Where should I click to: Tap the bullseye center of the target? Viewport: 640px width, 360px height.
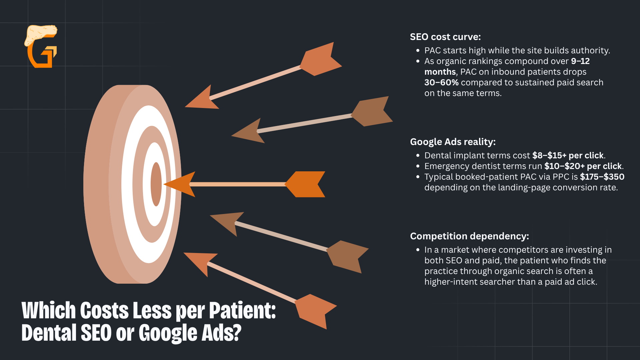pos(156,184)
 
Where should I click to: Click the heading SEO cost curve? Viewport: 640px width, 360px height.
pos(445,37)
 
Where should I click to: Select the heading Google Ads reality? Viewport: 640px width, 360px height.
pos(453,142)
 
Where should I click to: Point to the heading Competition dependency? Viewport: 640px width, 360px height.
pos(469,236)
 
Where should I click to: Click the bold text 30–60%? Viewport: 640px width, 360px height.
pos(441,82)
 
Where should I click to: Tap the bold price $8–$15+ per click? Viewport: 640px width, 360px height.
pos(568,155)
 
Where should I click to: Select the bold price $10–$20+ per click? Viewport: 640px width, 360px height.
pos(583,166)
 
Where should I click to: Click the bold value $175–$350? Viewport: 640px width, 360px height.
pos(602,177)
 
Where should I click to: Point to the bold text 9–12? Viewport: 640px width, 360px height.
pos(580,61)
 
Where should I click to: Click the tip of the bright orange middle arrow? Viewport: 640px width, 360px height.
pos(163,184)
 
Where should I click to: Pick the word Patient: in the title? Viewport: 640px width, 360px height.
pos(242,311)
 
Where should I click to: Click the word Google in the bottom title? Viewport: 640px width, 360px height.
pos(168,333)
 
